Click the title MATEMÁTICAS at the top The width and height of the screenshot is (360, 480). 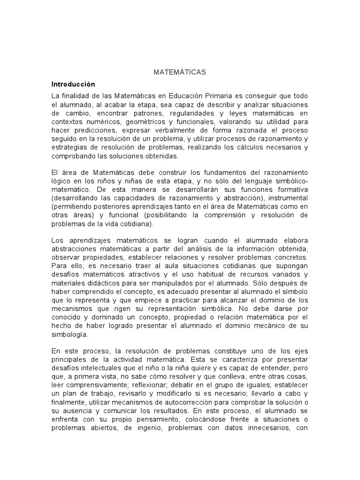click(180, 73)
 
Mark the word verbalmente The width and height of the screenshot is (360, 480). click(160, 130)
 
